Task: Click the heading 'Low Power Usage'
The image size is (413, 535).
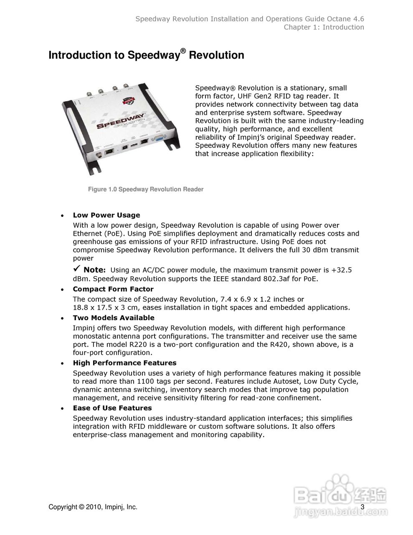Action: pyautogui.click(x=106, y=215)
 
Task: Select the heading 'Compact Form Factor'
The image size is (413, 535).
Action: pyautogui.click(x=113, y=289)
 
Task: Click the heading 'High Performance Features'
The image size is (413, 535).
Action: pyautogui.click(x=124, y=363)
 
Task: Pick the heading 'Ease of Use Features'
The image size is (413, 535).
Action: pyautogui.click(x=112, y=408)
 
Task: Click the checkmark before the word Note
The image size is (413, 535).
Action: pyautogui.click(x=77, y=269)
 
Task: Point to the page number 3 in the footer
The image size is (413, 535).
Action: pyautogui.click(x=362, y=507)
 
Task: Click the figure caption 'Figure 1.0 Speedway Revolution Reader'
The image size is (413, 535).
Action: pyautogui.click(x=146, y=189)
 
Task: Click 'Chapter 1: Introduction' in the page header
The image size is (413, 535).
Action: pyautogui.click(x=324, y=27)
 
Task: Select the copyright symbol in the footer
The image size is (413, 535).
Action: pyautogui.click(x=81, y=507)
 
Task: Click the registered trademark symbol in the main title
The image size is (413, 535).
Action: pyautogui.click(x=182, y=51)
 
